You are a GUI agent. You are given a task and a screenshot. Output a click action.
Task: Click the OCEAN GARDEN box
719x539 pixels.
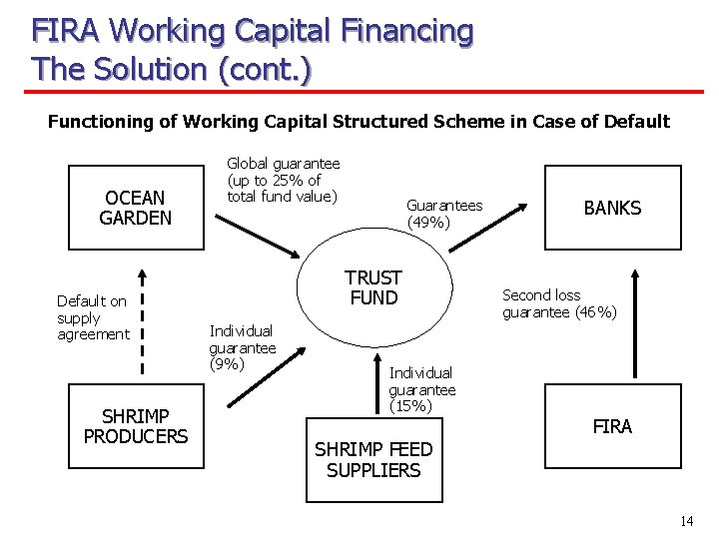point(136,207)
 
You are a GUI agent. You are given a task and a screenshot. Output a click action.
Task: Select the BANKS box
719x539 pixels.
point(612,207)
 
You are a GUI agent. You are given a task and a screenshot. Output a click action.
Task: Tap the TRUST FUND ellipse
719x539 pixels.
point(372,288)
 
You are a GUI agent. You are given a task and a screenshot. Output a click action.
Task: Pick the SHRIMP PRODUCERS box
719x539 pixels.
point(136,426)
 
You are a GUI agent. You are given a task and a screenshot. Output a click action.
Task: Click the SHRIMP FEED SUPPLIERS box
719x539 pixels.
point(373,460)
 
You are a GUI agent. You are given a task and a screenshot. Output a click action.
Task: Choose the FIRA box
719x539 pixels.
point(612,426)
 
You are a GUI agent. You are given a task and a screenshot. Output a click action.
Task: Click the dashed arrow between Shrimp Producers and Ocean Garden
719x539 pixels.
point(142,319)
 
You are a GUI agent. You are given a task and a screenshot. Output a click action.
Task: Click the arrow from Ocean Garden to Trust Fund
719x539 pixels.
point(261,230)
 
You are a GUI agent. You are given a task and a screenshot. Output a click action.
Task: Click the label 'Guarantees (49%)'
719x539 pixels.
point(444,214)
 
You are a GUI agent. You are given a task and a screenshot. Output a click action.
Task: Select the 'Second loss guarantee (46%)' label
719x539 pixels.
point(559,303)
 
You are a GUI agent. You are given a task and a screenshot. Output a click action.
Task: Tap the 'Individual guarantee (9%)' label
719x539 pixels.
point(242,347)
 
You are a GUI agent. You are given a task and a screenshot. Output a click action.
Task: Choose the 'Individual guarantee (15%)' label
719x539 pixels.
point(421,389)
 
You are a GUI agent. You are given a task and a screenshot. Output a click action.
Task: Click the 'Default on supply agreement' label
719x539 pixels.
point(92,317)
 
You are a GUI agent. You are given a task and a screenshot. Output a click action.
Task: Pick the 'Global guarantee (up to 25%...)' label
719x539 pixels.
point(283,180)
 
